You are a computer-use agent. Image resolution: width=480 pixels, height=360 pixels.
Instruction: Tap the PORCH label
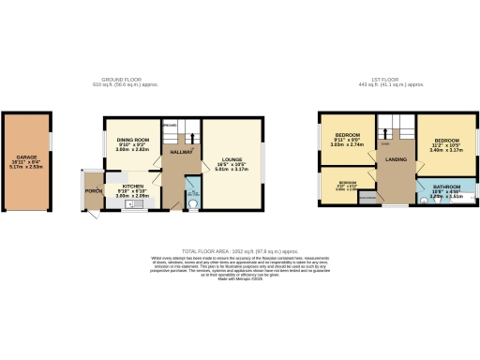coord(93,191)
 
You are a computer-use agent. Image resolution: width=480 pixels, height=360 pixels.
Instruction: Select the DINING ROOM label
coord(134,140)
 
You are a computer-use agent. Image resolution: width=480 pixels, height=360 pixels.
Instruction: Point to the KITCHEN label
coord(128,185)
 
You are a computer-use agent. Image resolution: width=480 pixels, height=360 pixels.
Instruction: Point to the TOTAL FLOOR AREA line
coord(240,252)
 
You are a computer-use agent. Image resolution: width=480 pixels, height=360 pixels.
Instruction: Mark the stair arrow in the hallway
coord(193,137)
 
